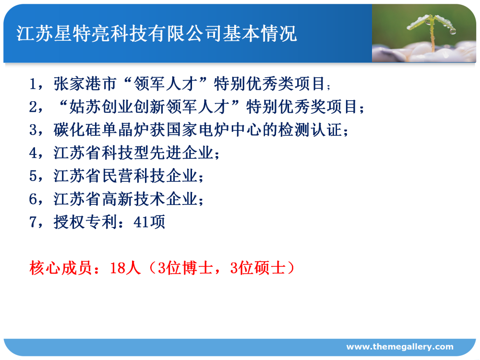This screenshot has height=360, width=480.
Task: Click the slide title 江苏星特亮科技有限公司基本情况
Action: (156, 34)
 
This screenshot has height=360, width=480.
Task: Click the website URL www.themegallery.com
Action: (400, 347)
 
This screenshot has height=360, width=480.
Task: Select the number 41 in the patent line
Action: (141, 222)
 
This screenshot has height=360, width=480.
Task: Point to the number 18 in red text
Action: (117, 268)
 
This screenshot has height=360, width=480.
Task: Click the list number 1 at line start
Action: (33, 84)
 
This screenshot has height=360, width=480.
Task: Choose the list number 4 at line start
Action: (33, 153)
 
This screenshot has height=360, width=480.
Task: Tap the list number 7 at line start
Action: (33, 222)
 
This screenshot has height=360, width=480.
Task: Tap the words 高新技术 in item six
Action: (133, 199)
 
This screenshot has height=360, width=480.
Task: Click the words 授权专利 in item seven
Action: (85, 222)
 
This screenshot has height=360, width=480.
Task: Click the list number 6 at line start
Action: (33, 199)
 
